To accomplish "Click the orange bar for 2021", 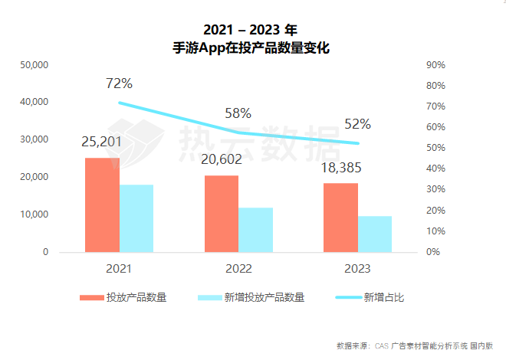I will click(102, 205).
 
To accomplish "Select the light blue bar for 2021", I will click(136, 218).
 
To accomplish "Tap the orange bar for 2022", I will click(222, 214).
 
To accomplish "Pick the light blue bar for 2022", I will click(255, 230).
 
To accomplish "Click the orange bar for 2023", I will click(340, 218).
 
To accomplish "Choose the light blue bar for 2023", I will click(375, 234).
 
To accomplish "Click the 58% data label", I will click(238, 113).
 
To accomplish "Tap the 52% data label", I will click(357, 123).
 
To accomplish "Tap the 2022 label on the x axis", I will click(238, 269).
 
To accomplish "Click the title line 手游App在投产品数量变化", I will click(252, 47).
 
